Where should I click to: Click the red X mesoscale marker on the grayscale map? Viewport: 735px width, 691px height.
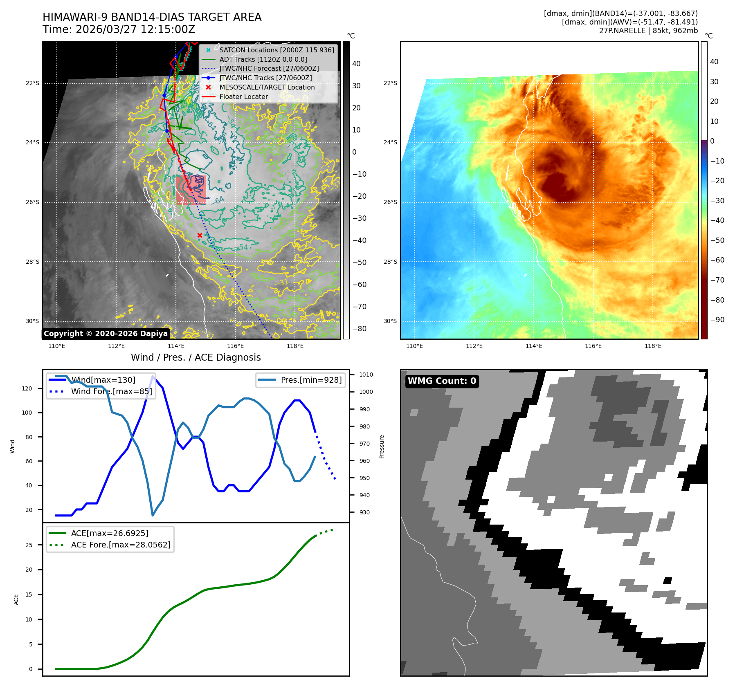[x=200, y=235]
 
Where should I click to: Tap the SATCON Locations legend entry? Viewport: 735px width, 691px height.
[x=276, y=50]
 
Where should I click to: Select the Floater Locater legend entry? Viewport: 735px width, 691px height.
[x=243, y=96]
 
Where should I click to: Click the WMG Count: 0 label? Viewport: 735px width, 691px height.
[x=442, y=381]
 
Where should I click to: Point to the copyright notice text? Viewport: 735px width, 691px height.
[x=106, y=334]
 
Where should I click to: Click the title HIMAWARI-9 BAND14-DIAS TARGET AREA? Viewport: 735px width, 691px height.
[x=152, y=17]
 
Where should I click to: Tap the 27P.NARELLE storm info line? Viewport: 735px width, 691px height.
[x=648, y=31]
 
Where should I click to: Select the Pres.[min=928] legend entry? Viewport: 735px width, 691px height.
[x=311, y=380]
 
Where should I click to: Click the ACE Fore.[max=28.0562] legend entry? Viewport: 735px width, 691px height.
[x=121, y=545]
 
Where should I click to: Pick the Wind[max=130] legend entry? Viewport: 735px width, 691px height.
[x=103, y=380]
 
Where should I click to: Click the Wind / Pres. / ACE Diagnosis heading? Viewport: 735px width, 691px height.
[x=196, y=357]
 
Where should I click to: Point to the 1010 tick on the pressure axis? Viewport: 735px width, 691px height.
[x=366, y=375]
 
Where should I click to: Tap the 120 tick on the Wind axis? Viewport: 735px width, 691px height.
[x=27, y=388]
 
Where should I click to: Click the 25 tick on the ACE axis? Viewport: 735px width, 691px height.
[x=29, y=545]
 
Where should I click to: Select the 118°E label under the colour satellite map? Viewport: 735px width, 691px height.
[x=653, y=346]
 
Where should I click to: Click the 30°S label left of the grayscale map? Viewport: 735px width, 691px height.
[x=33, y=321]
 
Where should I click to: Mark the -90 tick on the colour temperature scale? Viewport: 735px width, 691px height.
[x=717, y=320]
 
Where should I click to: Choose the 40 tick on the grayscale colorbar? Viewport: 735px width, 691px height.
[x=356, y=64]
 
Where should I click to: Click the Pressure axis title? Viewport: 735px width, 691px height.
[x=382, y=446]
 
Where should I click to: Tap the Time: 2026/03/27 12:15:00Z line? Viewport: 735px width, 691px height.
[x=119, y=29]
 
